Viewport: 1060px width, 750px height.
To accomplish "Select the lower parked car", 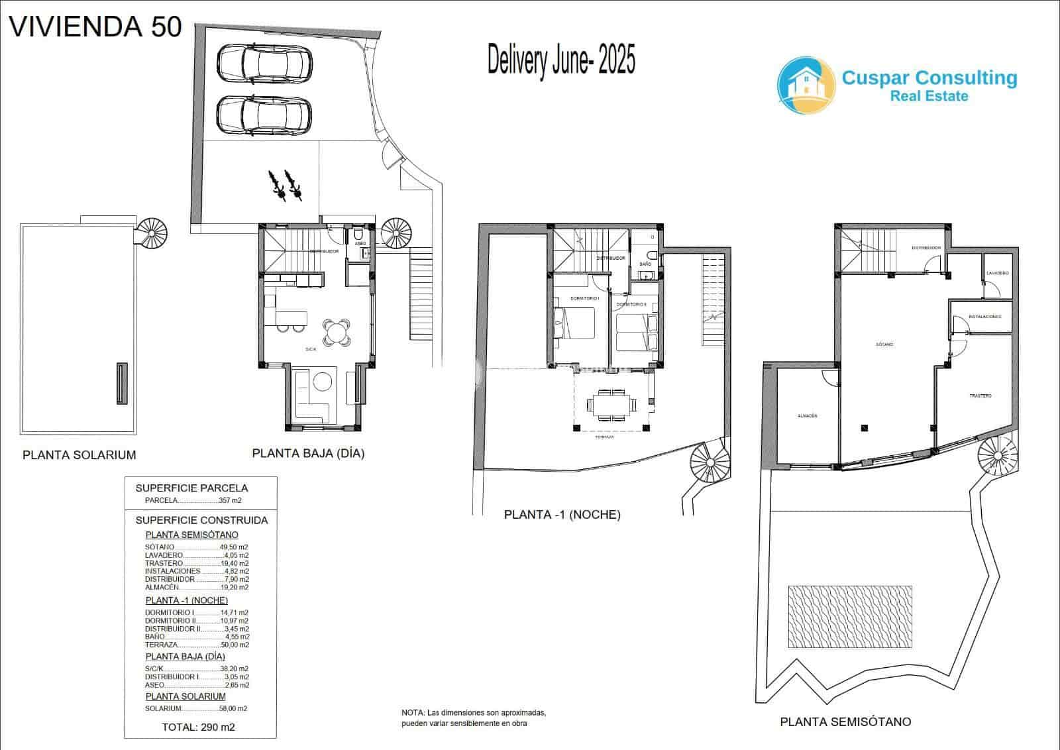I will click(x=264, y=115).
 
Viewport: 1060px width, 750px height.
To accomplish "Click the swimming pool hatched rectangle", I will click(x=850, y=616).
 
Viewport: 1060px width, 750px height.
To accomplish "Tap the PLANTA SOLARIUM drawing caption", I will click(x=79, y=455).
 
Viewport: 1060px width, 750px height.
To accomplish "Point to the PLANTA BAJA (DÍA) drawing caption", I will click(x=308, y=454).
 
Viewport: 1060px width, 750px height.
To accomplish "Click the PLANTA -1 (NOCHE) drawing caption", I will click(x=562, y=514).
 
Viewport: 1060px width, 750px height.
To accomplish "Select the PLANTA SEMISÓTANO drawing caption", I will click(x=845, y=722).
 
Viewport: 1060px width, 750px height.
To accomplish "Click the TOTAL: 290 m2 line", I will click(x=198, y=727).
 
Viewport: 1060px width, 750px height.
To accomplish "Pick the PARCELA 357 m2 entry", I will click(x=193, y=500).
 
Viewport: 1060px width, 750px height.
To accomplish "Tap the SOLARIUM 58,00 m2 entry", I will click(x=196, y=708).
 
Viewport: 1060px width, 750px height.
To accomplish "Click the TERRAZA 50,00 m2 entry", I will click(x=197, y=645).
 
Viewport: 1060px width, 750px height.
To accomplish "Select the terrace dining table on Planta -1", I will click(x=613, y=404).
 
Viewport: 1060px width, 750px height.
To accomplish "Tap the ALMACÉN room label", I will click(x=806, y=416).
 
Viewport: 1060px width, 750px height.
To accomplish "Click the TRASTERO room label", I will click(x=980, y=396).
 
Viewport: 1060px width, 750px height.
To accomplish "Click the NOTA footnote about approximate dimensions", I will click(x=473, y=718).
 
